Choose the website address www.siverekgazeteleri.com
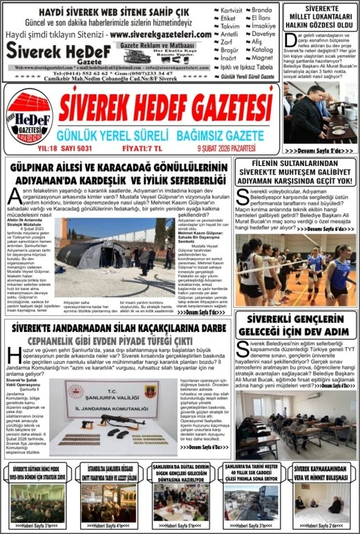(x=160, y=34)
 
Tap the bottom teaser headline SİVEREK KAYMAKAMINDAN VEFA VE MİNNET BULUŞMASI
(x=321, y=472)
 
